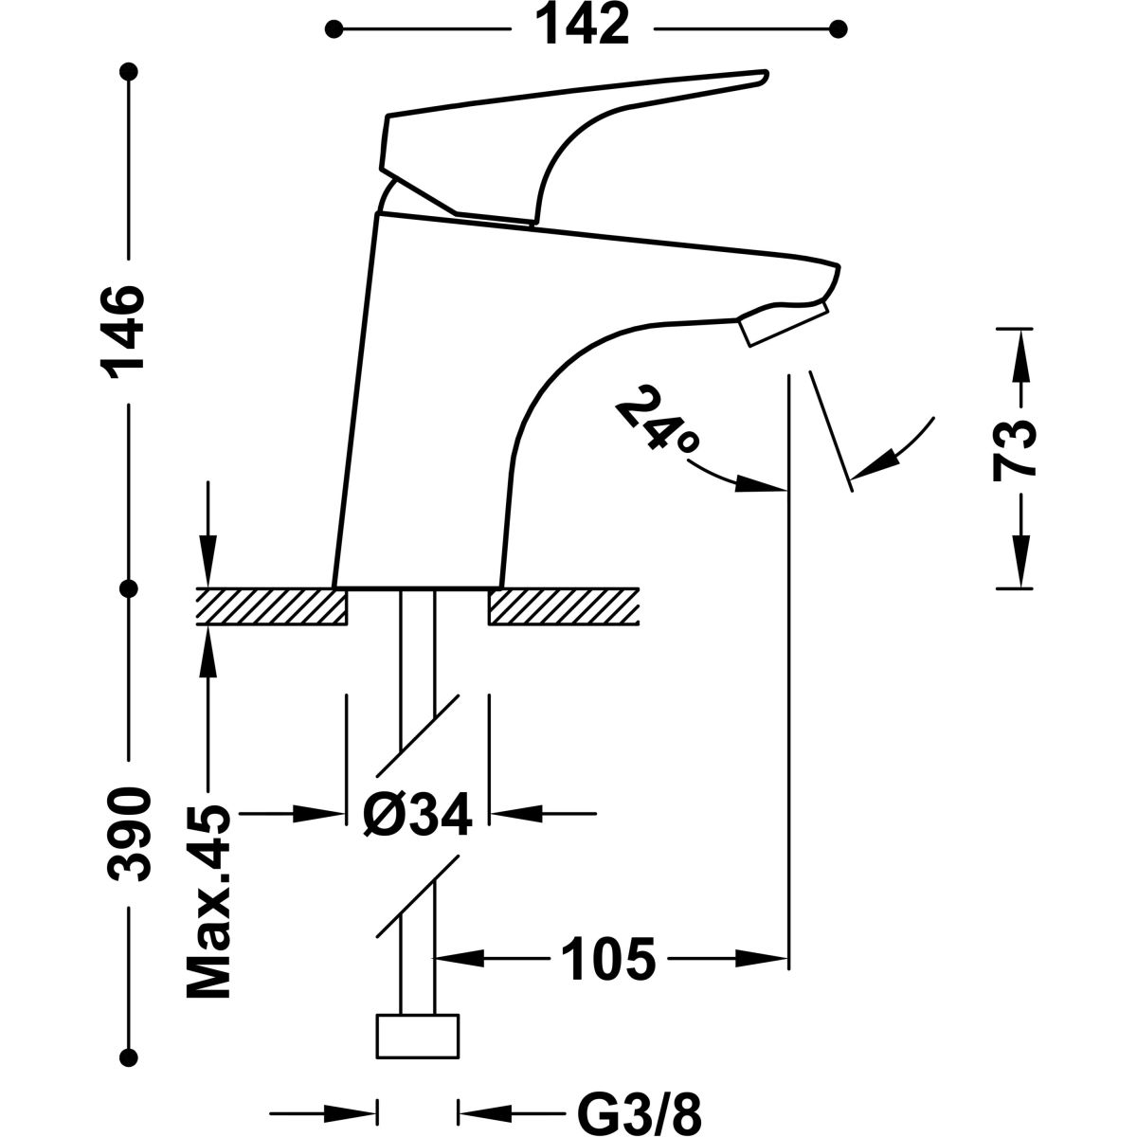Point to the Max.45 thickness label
209,902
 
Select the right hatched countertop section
564,606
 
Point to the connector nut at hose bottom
418,1037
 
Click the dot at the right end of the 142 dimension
838,29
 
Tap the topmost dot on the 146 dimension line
131,72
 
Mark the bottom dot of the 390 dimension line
131,1058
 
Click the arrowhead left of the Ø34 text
322,813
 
